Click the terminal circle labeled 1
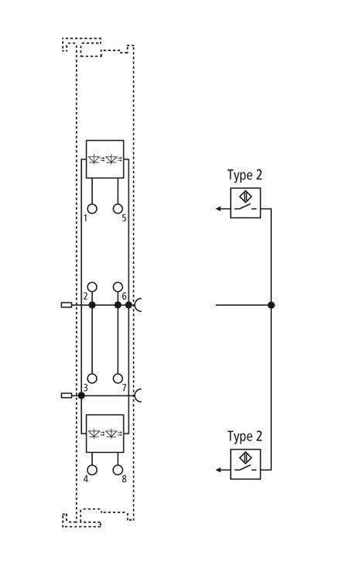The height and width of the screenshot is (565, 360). (92, 209)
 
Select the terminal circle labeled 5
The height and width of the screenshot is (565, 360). (118, 209)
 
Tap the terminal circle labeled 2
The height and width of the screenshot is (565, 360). (92, 287)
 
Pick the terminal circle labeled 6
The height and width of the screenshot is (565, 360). (118, 287)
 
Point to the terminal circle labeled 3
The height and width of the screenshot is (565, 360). (92, 378)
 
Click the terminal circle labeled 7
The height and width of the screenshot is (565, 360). (118, 378)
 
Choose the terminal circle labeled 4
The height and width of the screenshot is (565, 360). (92, 470)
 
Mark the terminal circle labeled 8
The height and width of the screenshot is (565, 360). (118, 470)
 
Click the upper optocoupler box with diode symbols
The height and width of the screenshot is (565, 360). (105, 159)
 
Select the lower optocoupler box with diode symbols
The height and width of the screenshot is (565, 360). (105, 433)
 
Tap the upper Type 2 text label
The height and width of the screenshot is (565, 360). (245, 176)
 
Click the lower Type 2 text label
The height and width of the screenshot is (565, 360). (245, 437)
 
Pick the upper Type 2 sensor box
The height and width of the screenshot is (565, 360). (245, 203)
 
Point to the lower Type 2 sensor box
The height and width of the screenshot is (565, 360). (245, 464)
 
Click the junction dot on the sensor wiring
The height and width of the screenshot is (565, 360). (271, 305)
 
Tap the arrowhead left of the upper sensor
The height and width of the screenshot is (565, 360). (218, 209)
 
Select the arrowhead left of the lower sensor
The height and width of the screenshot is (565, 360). (218, 470)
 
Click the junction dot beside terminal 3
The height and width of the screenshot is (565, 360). (81, 395)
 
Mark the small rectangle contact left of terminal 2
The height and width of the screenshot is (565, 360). (67, 305)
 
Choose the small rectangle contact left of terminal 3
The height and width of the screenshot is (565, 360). (67, 395)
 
